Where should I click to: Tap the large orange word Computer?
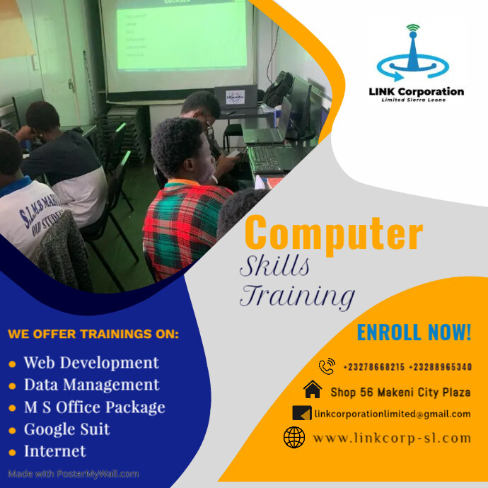click(x=334, y=233)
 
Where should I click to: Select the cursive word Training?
click(x=296, y=296)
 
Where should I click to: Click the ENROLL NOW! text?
click(x=414, y=332)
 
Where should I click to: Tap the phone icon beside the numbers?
click(x=327, y=366)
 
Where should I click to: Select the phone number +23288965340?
click(x=441, y=367)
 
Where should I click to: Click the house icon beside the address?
click(x=312, y=390)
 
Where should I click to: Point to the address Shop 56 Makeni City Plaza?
click(x=400, y=391)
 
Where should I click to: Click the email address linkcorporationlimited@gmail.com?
click(x=393, y=414)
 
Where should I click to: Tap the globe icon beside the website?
click(x=294, y=438)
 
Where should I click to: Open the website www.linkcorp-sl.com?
click(x=392, y=438)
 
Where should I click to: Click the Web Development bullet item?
click(x=91, y=363)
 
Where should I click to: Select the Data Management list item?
click(x=91, y=385)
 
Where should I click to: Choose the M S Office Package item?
click(x=94, y=407)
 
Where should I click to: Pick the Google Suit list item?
click(x=67, y=429)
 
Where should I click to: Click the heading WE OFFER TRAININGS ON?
click(x=94, y=333)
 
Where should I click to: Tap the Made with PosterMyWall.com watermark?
click(x=74, y=474)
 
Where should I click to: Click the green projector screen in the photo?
click(x=182, y=35)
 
